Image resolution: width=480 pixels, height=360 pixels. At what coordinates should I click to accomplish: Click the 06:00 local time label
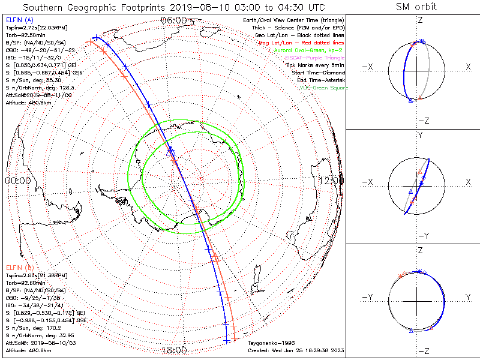(173, 20)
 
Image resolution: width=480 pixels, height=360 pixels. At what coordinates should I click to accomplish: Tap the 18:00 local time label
(174, 349)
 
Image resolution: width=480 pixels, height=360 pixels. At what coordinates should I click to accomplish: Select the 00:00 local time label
(17, 180)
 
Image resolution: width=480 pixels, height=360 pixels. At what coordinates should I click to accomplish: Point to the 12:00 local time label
(332, 180)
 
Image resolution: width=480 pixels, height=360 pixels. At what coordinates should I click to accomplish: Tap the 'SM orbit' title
(416, 7)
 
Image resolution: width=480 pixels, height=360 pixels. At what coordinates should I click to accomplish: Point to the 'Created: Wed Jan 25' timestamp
(295, 350)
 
